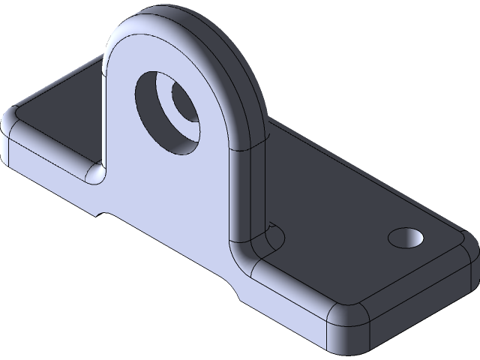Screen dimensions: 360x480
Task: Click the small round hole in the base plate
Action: coord(406,238)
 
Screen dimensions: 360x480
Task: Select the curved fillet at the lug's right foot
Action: coord(255,247)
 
